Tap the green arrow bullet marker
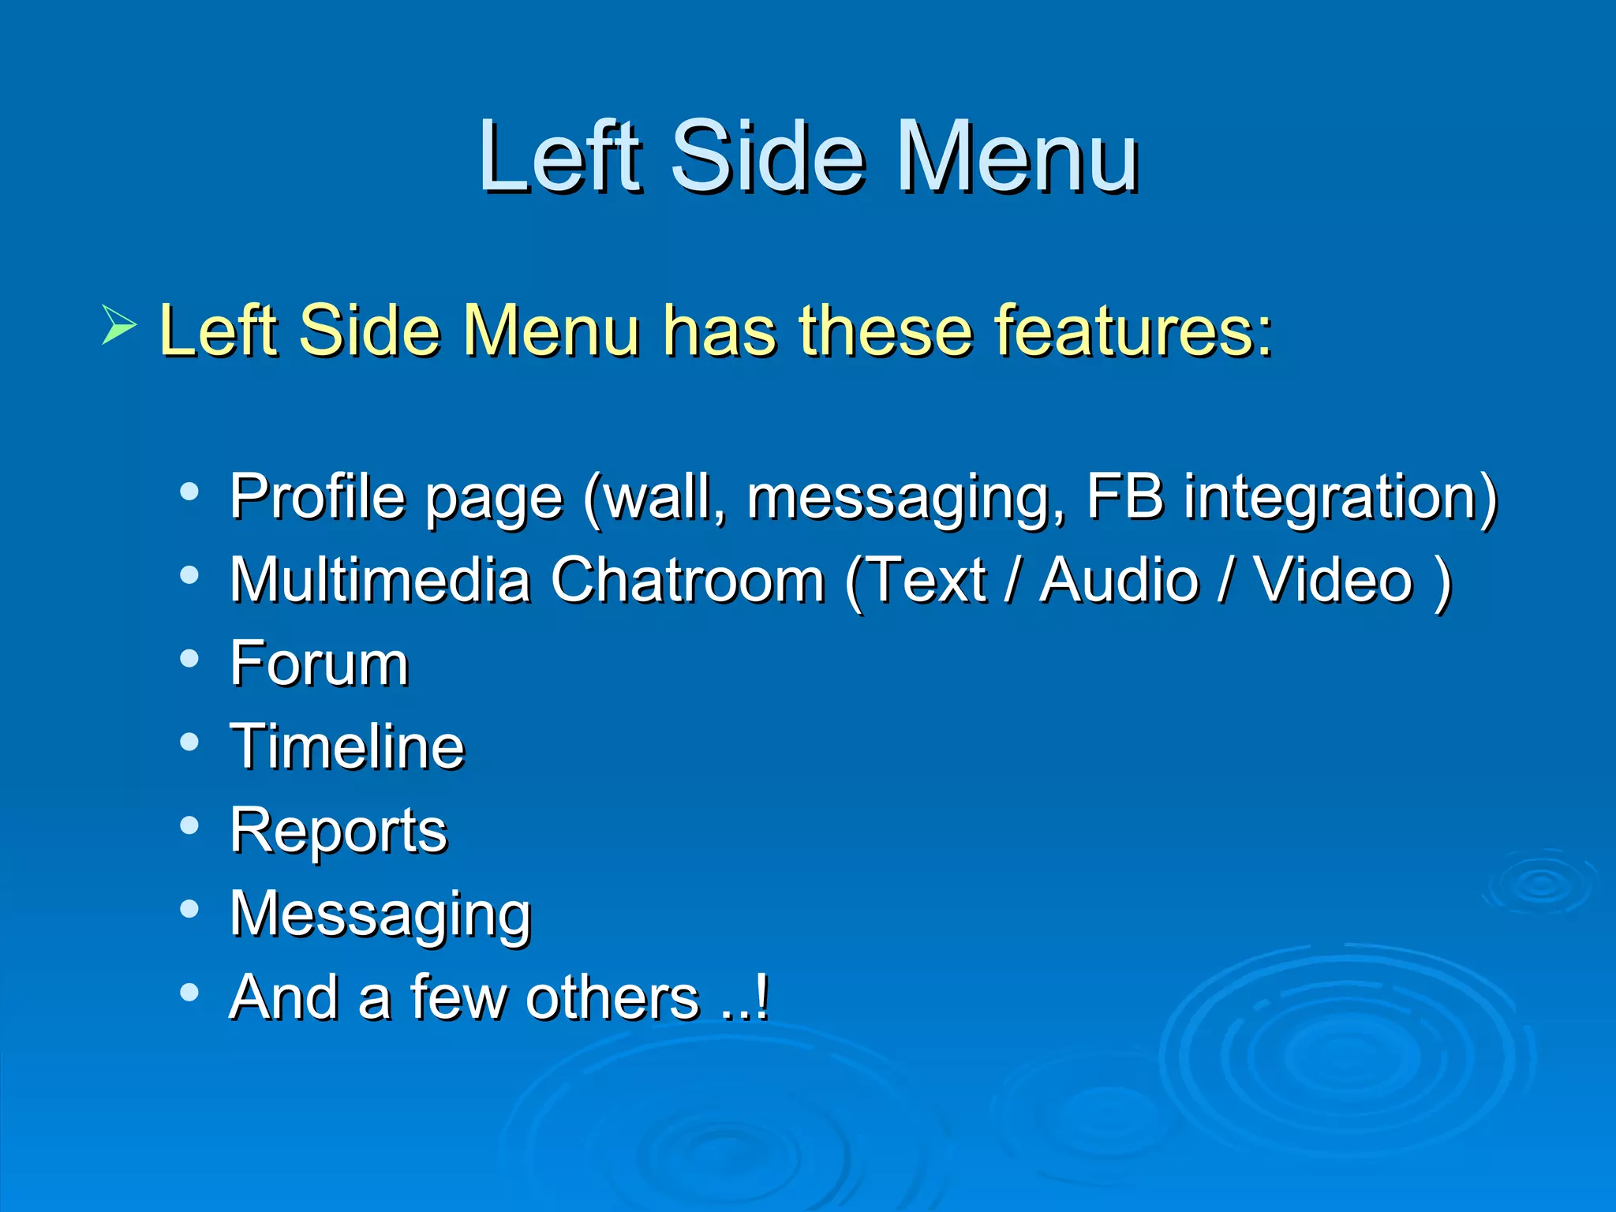(119, 326)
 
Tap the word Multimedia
(380, 580)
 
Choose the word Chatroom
(687, 580)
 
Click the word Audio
(1119, 580)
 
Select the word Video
(1333, 580)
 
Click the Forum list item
(320, 664)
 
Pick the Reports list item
(339, 832)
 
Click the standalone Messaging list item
(380, 916)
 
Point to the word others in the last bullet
(612, 997)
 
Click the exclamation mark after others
(761, 997)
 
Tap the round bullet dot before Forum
(189, 658)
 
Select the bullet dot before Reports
(189, 825)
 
